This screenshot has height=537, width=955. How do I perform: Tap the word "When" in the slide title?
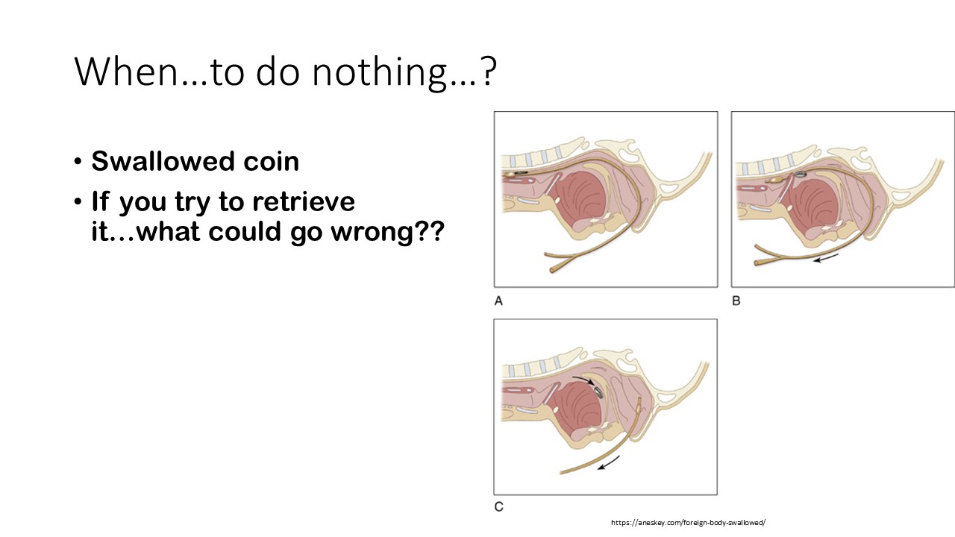point(126,71)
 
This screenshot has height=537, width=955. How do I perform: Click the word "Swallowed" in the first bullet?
point(163,162)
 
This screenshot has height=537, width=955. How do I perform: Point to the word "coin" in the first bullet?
point(271,162)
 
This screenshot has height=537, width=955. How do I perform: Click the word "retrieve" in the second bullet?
point(304,201)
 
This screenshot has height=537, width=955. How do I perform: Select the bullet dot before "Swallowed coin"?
point(78,162)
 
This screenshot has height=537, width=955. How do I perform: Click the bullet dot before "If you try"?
point(78,201)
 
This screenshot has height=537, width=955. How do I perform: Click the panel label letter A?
point(498,301)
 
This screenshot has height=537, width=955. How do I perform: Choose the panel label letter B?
point(736,301)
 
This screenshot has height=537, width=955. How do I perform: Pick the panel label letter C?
point(499,506)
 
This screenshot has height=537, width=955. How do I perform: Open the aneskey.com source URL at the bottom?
point(688,523)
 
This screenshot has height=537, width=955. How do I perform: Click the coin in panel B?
point(801,174)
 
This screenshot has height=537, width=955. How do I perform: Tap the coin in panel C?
point(598,392)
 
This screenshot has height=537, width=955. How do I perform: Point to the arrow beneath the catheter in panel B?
point(826,258)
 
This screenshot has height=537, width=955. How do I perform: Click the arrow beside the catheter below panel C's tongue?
point(608,462)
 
